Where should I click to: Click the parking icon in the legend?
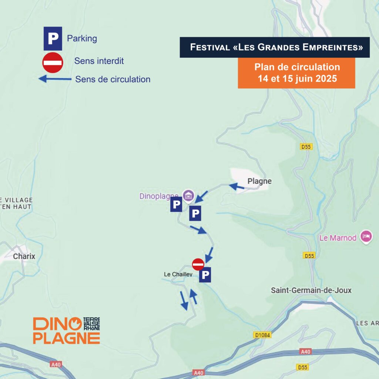pyautogui.click(x=53, y=38)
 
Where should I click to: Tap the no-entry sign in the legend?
pyautogui.click(x=53, y=62)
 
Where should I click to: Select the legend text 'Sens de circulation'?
pyautogui.click(x=113, y=79)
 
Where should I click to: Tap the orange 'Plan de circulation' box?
pyautogui.click(x=296, y=73)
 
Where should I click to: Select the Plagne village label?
pyautogui.click(x=259, y=181)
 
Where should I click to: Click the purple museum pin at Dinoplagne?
pyautogui.click(x=188, y=195)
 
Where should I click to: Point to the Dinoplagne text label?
pyautogui.click(x=159, y=196)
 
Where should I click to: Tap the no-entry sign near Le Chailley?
pyautogui.click(x=198, y=264)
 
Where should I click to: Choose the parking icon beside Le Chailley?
pyautogui.click(x=205, y=275)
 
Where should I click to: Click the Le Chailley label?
pyautogui.click(x=178, y=274)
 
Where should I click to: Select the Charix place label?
pyautogui.click(x=24, y=256)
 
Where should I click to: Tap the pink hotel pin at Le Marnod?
pyautogui.click(x=366, y=236)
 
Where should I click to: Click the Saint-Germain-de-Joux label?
pyautogui.click(x=311, y=291)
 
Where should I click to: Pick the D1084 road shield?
pyautogui.click(x=263, y=335)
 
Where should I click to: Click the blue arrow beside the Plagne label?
pyautogui.click(x=237, y=187)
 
